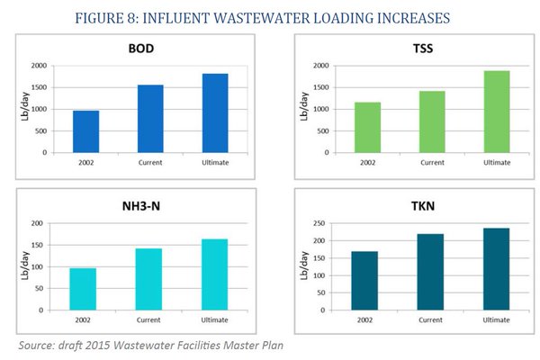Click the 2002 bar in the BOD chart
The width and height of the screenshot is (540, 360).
(x=85, y=131)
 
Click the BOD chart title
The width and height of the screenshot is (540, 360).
(x=149, y=50)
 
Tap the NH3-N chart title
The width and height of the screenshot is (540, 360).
(x=149, y=208)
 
